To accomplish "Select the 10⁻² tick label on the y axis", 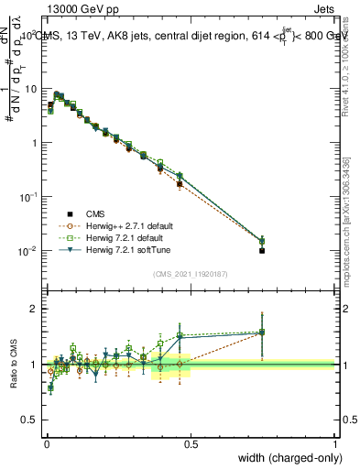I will [x=29, y=251].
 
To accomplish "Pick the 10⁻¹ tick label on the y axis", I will [x=29, y=197].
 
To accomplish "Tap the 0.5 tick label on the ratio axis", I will [x=31, y=420].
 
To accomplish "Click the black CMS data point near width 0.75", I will [x=262, y=250].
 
